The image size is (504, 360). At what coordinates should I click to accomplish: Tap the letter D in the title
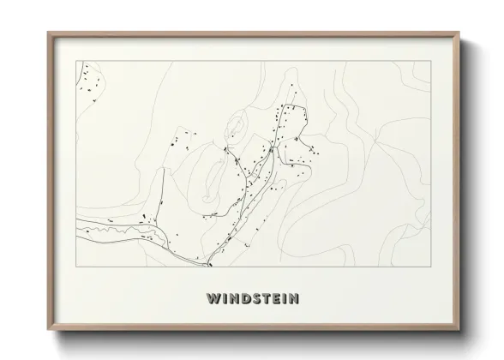point(243,299)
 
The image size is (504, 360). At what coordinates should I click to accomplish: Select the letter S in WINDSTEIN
point(254,299)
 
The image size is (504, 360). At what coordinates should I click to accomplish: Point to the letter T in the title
point(264,299)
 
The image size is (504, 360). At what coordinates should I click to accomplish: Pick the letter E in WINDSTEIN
point(274,299)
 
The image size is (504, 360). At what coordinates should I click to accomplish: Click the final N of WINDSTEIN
point(294,299)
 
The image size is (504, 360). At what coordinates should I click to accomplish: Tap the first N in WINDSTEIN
point(231,299)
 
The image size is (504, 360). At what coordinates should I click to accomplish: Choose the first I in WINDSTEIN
point(222,299)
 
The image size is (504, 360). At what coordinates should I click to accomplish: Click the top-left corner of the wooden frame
point(48,33)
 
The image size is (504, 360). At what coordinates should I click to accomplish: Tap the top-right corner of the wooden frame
point(459,33)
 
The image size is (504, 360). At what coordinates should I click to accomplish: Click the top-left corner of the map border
point(76,61)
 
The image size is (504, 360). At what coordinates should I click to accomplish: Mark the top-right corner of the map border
point(430,61)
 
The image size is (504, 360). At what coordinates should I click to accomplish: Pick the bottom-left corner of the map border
point(76,267)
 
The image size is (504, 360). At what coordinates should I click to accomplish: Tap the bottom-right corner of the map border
point(430,267)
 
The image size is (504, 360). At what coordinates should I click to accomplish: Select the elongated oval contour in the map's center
point(237,131)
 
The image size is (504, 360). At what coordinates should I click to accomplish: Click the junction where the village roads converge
point(271,149)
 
